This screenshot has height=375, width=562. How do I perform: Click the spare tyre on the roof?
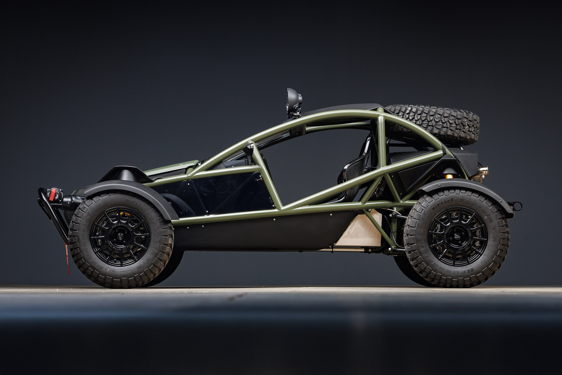(x=433, y=123)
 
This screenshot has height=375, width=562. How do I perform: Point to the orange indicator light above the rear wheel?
(x=448, y=176)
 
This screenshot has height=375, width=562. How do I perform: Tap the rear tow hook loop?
(x=517, y=206)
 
